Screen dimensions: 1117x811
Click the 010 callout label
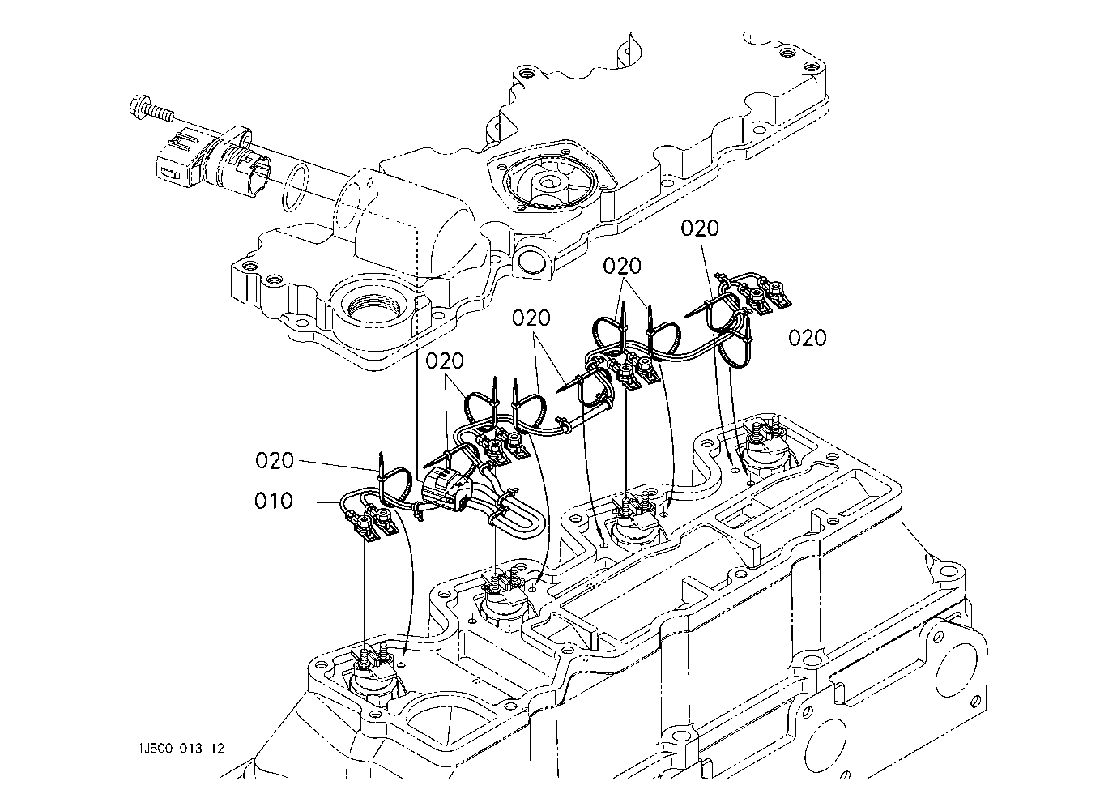[273, 501]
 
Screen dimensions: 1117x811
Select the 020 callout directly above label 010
[275, 460]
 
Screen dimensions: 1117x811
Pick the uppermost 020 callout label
[700, 228]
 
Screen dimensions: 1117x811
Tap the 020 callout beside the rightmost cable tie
[808, 338]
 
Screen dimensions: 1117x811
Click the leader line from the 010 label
[318, 502]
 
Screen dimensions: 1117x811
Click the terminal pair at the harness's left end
[373, 523]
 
